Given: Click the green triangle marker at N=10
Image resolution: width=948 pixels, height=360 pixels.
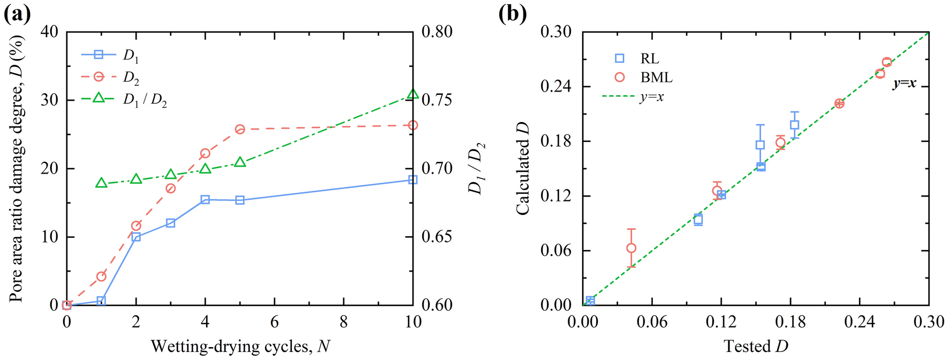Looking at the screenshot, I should (x=413, y=94).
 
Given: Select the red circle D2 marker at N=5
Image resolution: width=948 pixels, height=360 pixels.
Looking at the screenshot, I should (x=240, y=129).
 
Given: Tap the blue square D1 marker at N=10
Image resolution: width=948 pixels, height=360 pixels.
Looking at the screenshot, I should (x=413, y=179).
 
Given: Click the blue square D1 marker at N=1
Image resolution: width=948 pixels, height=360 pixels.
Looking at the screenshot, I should (x=101, y=301).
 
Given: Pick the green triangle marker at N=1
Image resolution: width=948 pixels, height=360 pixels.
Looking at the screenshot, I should (x=101, y=183).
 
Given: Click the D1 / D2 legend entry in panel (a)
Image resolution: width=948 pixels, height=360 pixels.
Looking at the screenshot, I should (x=145, y=100).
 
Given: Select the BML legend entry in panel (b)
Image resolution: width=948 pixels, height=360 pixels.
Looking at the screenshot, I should (x=656, y=77).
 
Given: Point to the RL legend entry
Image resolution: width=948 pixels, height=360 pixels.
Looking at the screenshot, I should (x=649, y=58).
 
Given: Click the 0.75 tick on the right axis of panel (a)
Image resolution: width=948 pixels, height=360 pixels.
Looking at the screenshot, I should (x=437, y=100).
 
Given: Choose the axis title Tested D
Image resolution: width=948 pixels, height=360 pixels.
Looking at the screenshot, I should (x=756, y=346).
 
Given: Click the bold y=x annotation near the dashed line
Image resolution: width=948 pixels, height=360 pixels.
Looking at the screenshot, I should (x=904, y=84).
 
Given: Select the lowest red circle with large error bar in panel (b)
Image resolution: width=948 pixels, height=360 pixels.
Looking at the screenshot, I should (x=631, y=248).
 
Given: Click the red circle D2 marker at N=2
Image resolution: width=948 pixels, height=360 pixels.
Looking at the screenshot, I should (x=136, y=226).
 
